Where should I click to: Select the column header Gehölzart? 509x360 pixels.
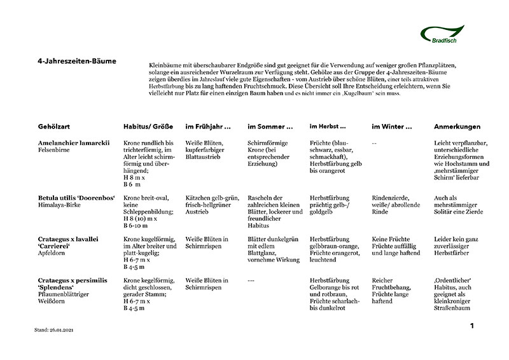[56, 127]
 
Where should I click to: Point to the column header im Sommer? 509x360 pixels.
[270, 127]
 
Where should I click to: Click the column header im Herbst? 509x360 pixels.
[328, 127]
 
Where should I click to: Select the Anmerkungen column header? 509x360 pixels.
[457, 127]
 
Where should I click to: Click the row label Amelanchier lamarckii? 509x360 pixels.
[74, 142]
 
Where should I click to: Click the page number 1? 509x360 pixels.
[472, 326]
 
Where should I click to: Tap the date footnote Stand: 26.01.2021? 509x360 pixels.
[59, 331]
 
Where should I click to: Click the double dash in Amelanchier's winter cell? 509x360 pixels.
[374, 142]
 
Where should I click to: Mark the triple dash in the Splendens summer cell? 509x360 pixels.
[251, 280]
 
